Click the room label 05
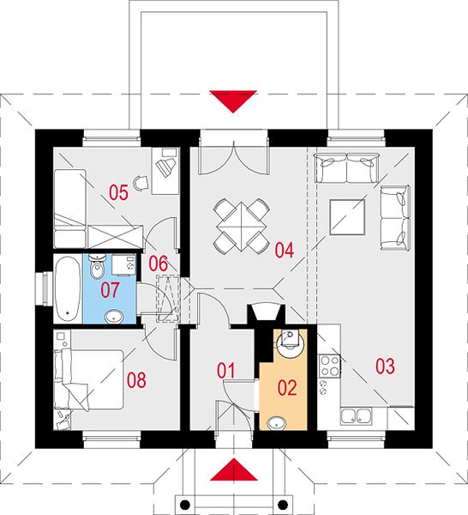coord(118,192)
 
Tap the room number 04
coord(285,251)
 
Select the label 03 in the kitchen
coord(385,367)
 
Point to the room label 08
coord(136,380)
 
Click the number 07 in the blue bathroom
coord(110,290)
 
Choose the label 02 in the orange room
coord(287,388)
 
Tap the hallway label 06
coord(158,264)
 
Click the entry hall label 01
coord(226,371)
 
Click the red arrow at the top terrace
coord(233,101)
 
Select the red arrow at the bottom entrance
coord(233,470)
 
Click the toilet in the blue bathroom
coord(97,266)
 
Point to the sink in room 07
coord(114,317)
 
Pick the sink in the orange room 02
coord(277,423)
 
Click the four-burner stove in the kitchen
coord(329,366)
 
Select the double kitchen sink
coord(356,416)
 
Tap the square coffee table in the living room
coord(348,217)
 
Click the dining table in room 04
coord(242,227)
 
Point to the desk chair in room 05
coord(141,182)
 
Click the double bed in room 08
coord(89,380)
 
